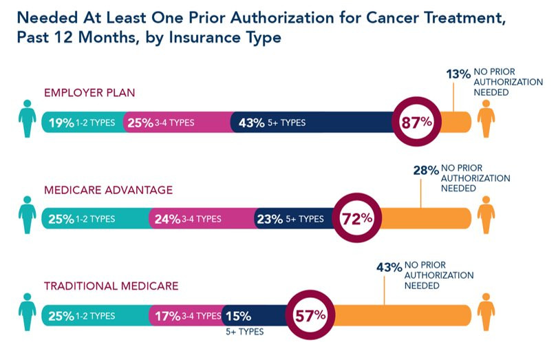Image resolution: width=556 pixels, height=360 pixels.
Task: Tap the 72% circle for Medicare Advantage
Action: pos(356,219)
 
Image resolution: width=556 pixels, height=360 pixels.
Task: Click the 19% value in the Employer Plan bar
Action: pos(60,123)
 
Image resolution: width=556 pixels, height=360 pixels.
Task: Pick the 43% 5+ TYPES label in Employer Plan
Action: pos(271,123)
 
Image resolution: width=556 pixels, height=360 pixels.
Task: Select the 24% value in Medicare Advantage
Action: pos(167,220)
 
